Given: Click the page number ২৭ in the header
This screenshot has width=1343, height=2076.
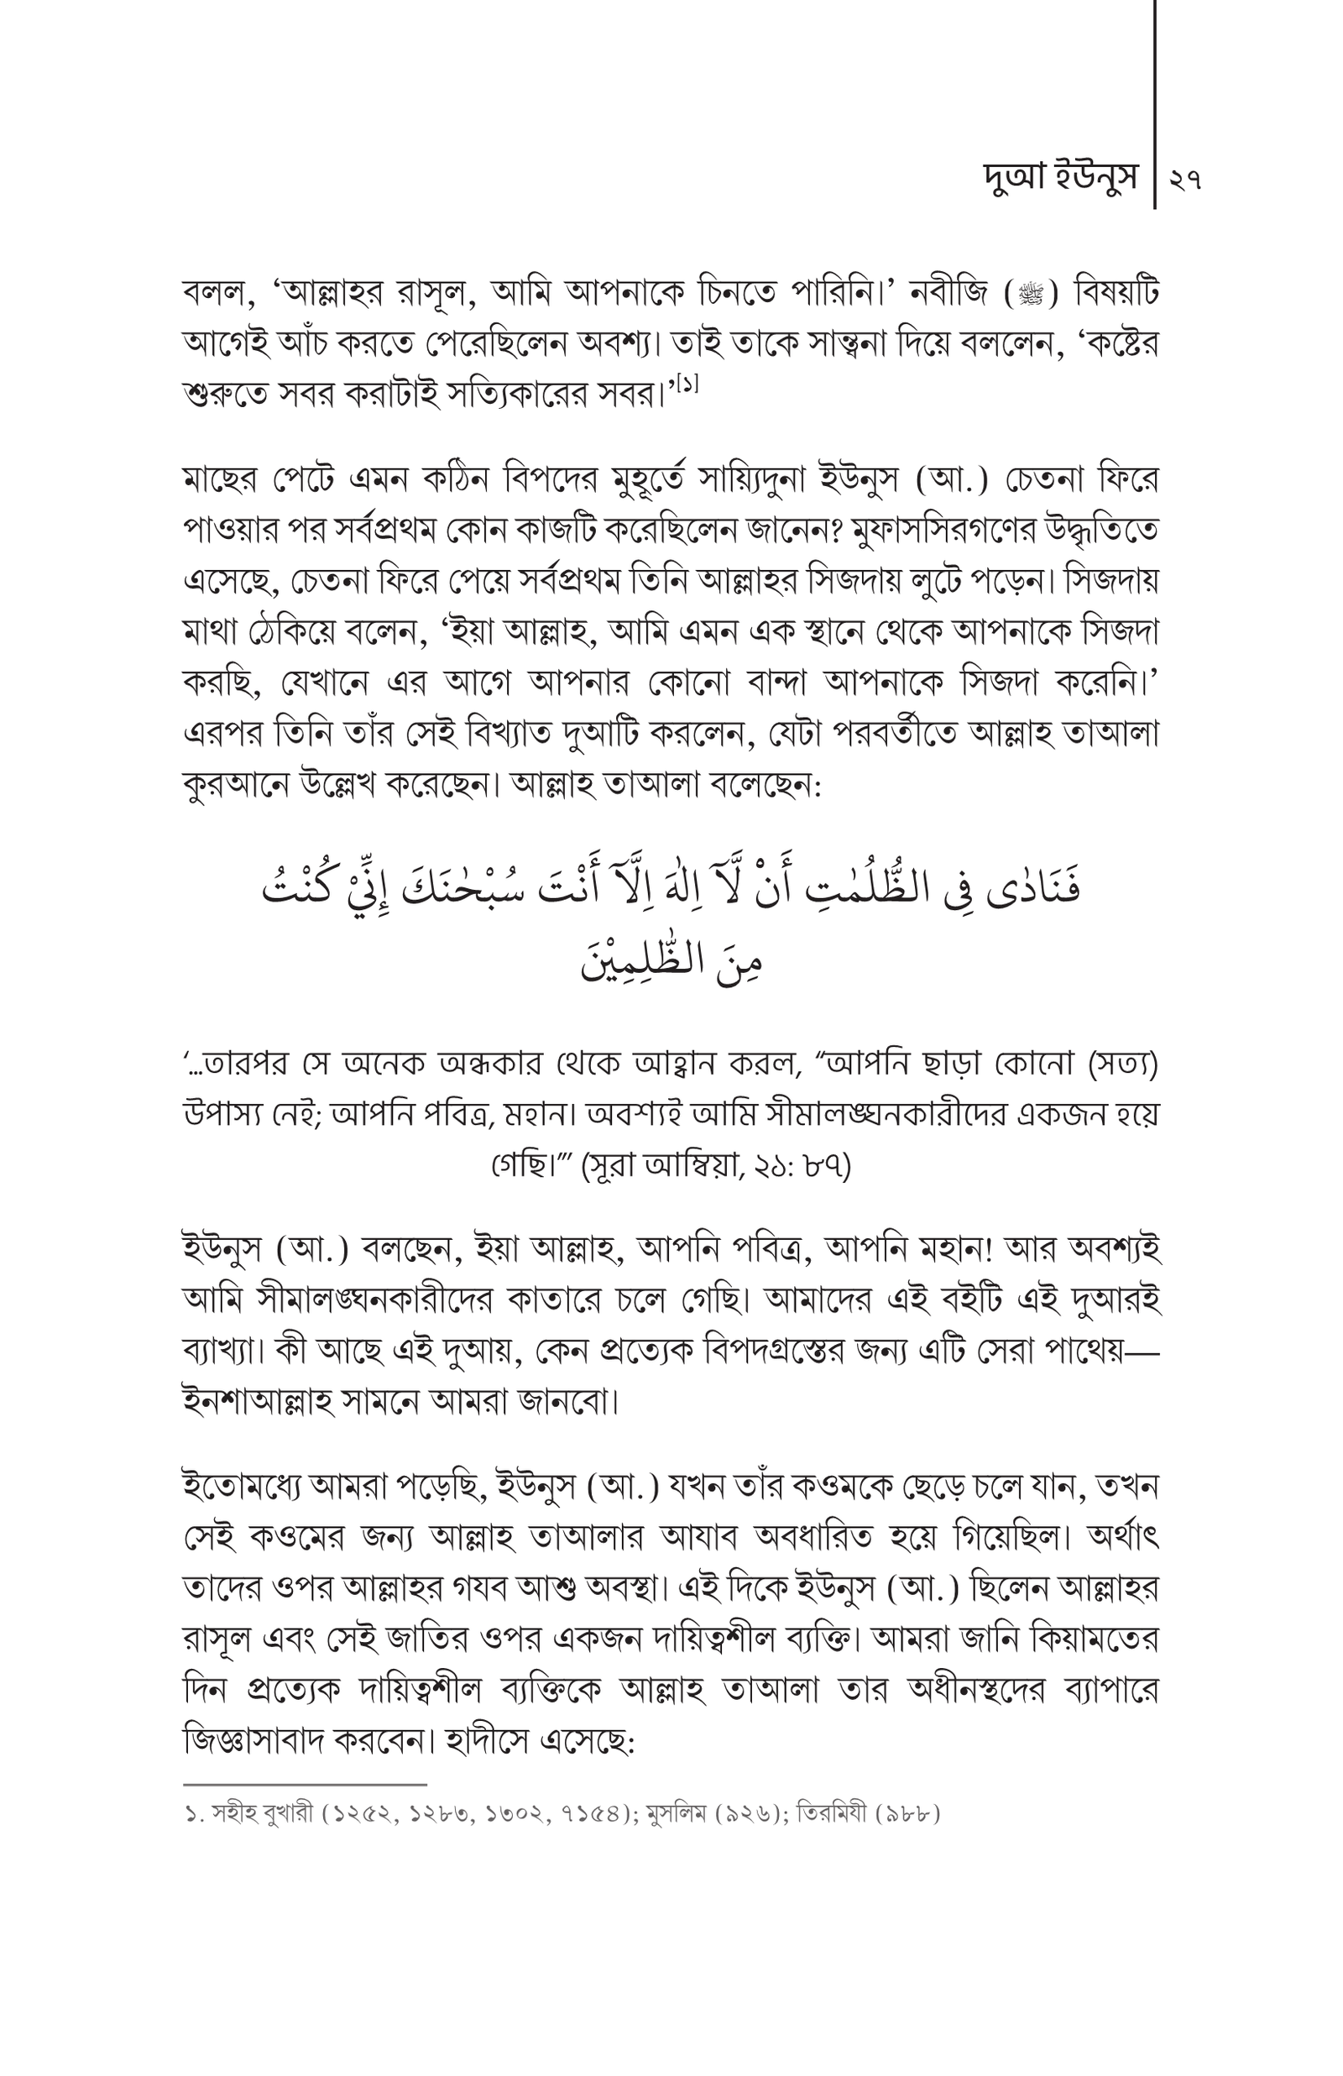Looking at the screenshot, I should coord(1186,180).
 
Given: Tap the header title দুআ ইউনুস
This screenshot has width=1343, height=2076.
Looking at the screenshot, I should coord(1059,178).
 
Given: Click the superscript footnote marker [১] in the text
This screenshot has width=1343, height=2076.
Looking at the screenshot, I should coord(687,382).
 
